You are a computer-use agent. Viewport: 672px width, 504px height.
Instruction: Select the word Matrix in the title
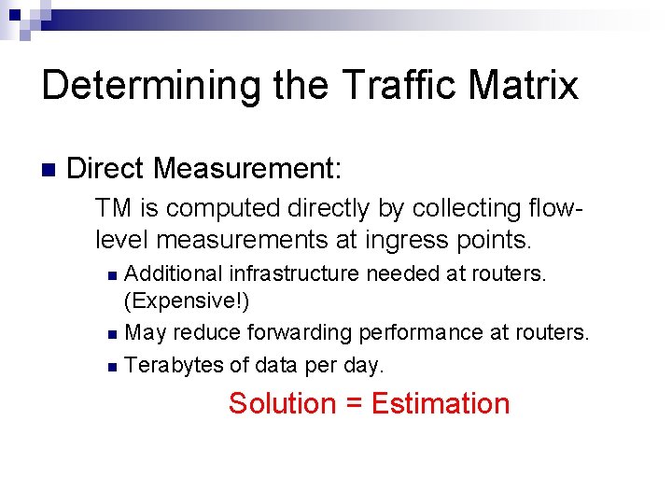(529, 85)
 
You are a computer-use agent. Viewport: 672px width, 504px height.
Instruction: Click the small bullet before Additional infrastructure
(112, 275)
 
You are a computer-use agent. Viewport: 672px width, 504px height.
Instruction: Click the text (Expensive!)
(187, 302)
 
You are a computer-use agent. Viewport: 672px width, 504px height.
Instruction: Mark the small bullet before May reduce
(112, 334)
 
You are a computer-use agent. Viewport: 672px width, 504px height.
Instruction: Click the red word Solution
(281, 404)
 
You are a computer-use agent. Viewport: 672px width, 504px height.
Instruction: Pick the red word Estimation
(440, 404)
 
